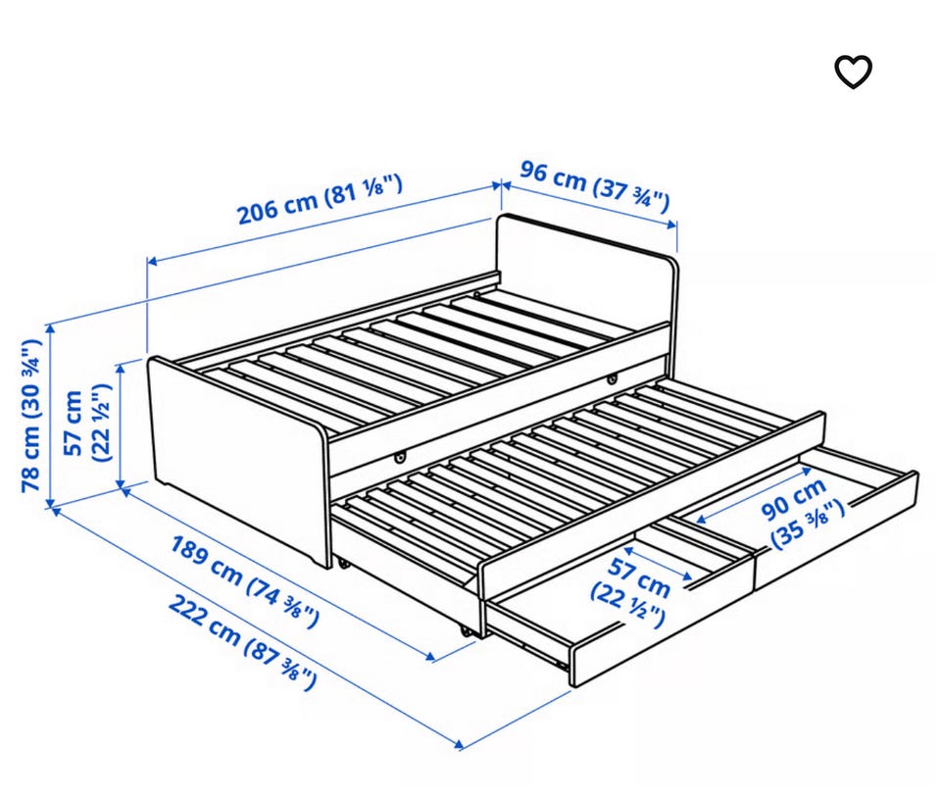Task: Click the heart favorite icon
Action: (x=854, y=72)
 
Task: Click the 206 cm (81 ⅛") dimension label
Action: (x=320, y=199)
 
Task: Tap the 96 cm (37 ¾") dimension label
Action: (x=594, y=185)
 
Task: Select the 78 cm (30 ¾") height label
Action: (x=31, y=416)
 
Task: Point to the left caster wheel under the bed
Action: (x=343, y=564)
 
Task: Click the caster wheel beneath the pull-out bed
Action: (x=465, y=631)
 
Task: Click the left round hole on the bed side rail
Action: (x=399, y=458)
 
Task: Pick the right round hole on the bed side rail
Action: (x=612, y=379)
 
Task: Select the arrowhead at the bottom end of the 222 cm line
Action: (x=459, y=745)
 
